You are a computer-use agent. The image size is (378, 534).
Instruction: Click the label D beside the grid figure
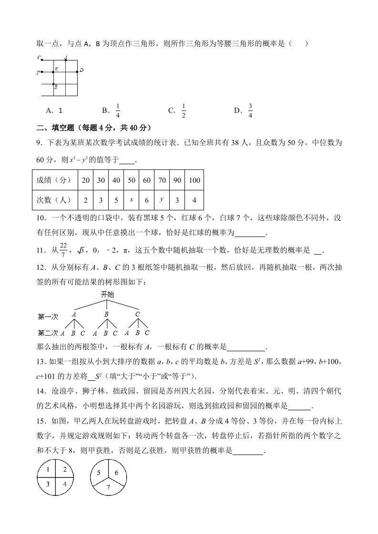tap(82, 70)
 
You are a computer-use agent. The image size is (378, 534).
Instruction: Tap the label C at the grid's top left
tap(38, 58)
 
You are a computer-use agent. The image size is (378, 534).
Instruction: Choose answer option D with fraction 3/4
tap(245, 110)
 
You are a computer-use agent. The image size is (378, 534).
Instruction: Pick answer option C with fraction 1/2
tap(178, 110)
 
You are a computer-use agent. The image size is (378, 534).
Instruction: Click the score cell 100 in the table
tap(194, 180)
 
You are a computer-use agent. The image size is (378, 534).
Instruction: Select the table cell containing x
tap(131, 200)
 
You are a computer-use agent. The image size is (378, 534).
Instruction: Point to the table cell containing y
tap(162, 200)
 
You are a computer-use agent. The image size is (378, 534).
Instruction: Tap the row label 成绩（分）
tap(54, 180)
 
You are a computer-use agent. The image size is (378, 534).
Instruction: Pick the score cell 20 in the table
tap(86, 180)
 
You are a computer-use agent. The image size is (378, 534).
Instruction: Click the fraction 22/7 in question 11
tap(62, 249)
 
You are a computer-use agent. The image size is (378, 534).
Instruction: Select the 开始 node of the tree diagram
tap(107, 295)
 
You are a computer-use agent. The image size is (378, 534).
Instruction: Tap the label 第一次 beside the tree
tap(48, 316)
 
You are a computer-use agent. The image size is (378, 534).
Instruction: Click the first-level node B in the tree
tap(106, 315)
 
